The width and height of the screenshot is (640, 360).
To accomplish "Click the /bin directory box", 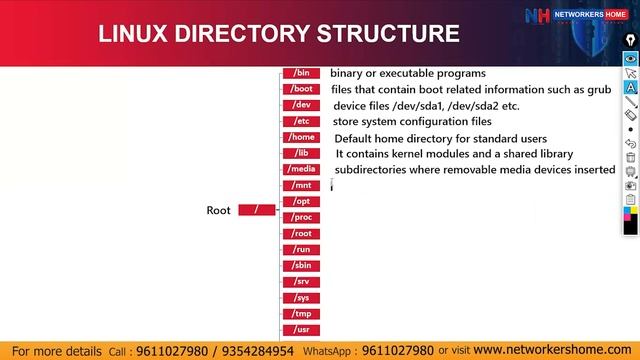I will tap(302, 73).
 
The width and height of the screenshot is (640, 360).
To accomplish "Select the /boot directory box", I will tap(302, 89).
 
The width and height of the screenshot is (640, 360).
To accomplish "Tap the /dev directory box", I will tap(302, 105).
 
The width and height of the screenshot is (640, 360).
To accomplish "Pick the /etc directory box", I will tap(302, 121).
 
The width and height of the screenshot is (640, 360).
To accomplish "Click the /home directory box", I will tap(302, 137).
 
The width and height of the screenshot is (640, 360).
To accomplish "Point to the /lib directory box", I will tap(302, 153).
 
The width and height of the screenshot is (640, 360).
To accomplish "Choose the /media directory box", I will tap(302, 169).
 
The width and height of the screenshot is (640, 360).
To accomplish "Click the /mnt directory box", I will tap(302, 185).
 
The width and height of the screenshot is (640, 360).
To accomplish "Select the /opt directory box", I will tap(302, 201).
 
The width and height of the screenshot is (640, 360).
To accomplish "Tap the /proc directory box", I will tap(302, 217).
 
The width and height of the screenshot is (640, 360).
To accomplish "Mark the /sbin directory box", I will tap(302, 265).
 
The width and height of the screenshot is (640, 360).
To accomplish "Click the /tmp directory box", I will tap(302, 313).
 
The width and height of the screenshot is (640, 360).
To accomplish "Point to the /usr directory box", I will tap(302, 329).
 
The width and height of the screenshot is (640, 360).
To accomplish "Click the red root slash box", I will tap(257, 210).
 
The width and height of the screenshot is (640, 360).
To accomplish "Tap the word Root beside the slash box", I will tap(218, 210).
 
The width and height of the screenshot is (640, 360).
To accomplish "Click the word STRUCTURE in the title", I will tap(388, 33).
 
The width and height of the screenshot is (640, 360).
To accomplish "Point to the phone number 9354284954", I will tap(258, 351).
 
